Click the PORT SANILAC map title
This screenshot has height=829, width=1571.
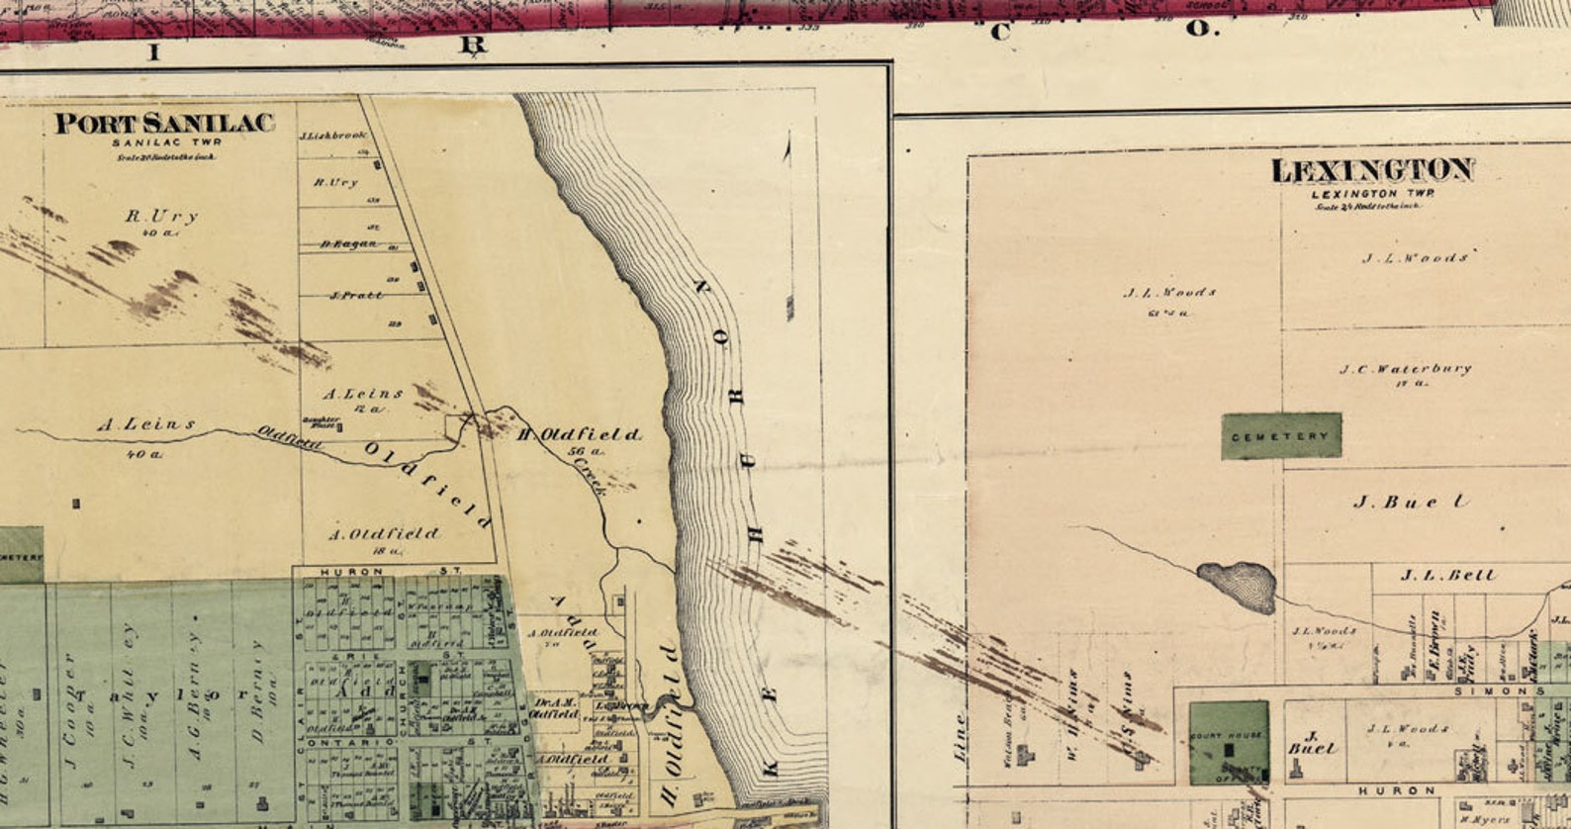click(164, 124)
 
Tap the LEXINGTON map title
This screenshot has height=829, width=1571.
click(1372, 171)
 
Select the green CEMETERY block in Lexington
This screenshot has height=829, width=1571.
click(1281, 436)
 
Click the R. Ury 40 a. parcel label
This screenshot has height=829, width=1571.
click(161, 218)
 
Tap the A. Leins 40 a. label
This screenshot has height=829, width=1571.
click(145, 426)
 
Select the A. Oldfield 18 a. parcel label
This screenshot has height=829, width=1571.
click(384, 535)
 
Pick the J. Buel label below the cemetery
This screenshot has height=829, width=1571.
click(1410, 503)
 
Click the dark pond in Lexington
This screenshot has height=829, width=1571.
click(1237, 586)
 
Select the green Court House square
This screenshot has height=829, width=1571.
click(1229, 743)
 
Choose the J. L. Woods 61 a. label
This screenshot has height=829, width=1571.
click(1169, 294)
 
